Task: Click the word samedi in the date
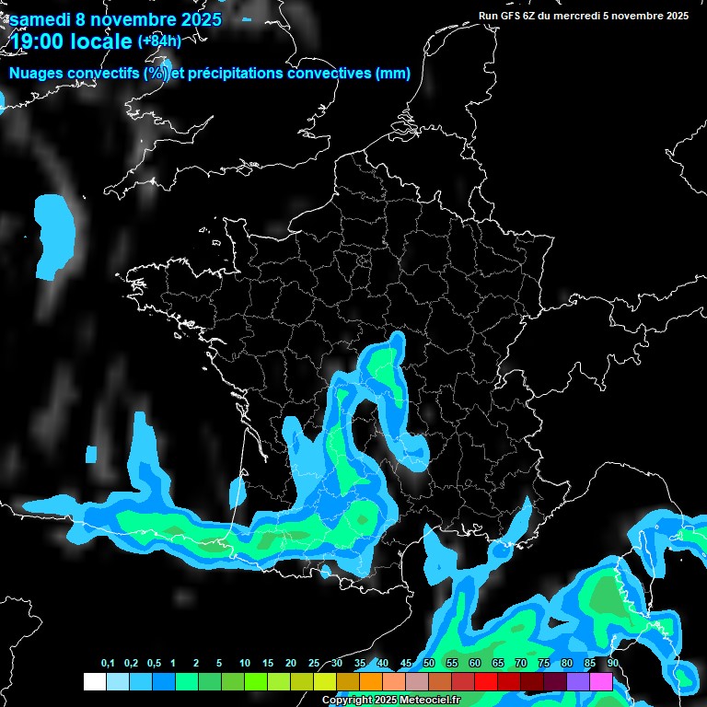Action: (x=39, y=19)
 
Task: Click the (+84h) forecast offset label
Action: (x=159, y=41)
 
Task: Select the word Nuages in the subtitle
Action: (x=37, y=74)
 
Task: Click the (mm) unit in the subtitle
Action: (x=393, y=74)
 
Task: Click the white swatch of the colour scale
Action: (x=94, y=682)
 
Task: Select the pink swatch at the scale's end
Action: (x=601, y=682)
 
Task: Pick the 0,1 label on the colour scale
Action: (x=108, y=664)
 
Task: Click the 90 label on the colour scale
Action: (x=613, y=664)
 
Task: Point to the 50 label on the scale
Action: (x=429, y=664)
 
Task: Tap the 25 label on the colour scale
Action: (x=314, y=664)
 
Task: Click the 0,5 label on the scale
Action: (x=154, y=664)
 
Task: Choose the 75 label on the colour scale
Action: (x=544, y=664)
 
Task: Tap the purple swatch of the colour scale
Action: (x=578, y=682)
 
